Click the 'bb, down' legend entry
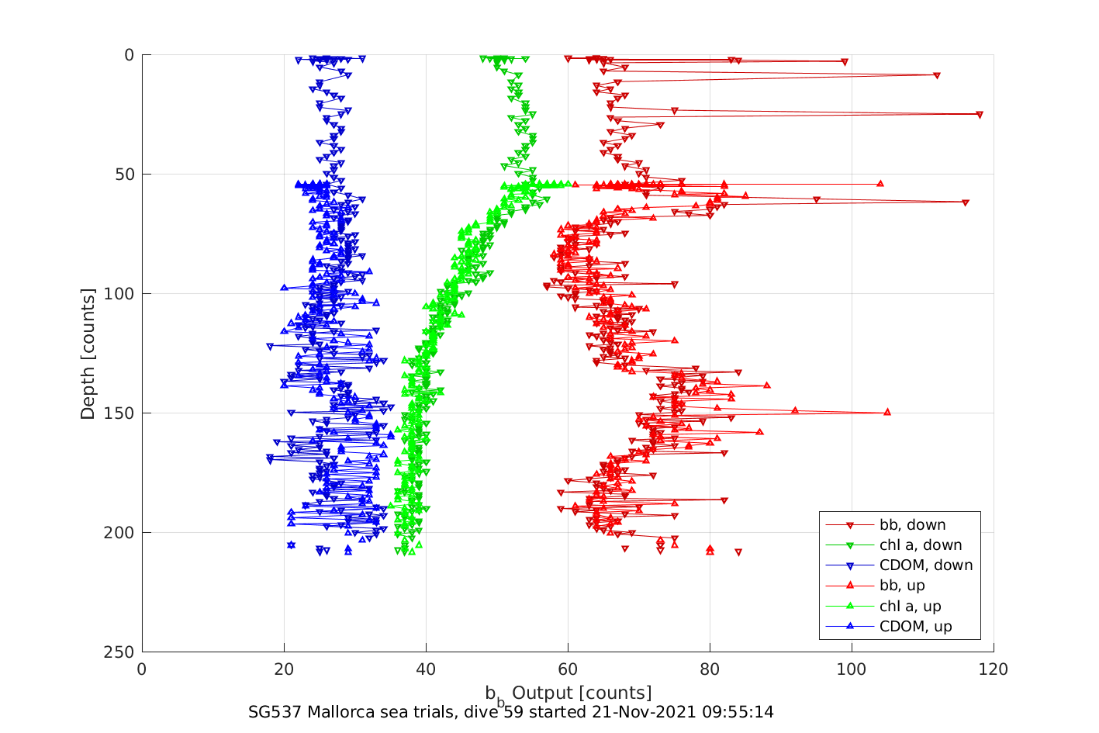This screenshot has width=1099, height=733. (912, 525)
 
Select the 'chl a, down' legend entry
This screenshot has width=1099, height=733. (920, 545)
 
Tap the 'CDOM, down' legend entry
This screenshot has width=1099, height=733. (925, 565)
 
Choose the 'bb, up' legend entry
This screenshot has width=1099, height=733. (902, 586)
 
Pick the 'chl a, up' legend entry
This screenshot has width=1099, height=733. (910, 607)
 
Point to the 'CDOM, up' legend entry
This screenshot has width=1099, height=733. (915, 627)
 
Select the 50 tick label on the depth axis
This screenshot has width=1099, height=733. (123, 175)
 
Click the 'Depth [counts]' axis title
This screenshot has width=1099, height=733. (88, 354)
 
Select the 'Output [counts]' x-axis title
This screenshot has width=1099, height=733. (582, 693)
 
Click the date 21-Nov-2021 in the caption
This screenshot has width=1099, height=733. (658, 712)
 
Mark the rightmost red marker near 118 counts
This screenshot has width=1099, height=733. (980, 115)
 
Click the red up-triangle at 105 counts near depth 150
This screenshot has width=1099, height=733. (887, 412)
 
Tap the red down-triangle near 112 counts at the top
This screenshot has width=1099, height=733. (937, 75)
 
